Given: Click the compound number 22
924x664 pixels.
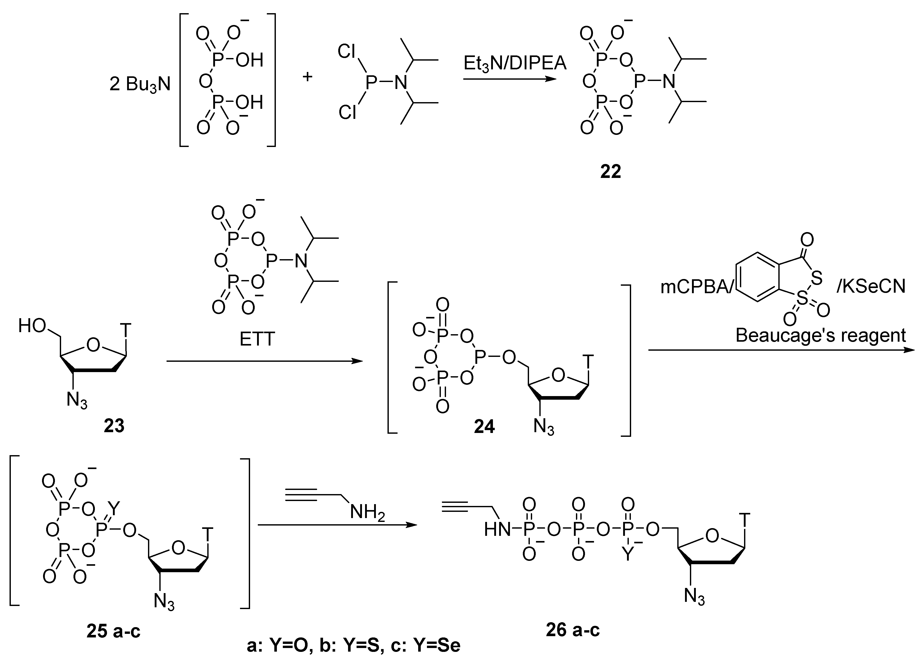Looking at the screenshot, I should (610, 171).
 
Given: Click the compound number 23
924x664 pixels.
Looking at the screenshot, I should (114, 426).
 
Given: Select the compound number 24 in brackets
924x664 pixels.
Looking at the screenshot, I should (484, 426).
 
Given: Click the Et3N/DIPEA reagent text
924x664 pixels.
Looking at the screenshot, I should (515, 64).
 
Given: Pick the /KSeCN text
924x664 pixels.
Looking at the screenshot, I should (871, 286).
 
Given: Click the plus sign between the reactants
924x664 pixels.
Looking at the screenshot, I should (307, 76).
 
